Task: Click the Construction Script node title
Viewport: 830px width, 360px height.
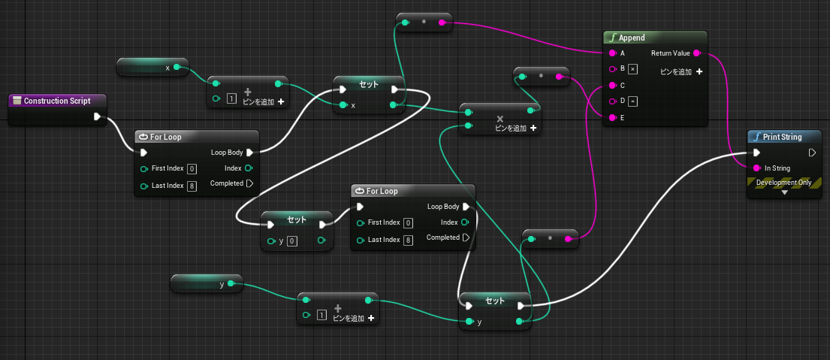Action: [57, 101]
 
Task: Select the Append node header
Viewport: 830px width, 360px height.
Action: [655, 38]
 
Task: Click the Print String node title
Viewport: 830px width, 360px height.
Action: [783, 137]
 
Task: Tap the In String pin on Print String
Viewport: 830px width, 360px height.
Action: [756, 168]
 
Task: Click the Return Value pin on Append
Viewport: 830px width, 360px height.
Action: [696, 53]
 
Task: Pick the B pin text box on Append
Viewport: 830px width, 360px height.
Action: [632, 69]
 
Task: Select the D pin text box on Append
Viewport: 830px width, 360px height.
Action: [632, 101]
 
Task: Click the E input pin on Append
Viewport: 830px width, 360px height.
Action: [612, 117]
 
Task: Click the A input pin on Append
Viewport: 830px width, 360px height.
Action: [612, 53]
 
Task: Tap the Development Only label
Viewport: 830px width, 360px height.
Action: [784, 183]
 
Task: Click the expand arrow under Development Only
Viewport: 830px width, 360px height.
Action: [784, 193]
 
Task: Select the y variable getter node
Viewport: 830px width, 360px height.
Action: [207, 284]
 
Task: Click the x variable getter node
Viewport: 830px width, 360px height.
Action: [152, 67]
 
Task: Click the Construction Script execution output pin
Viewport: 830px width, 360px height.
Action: [98, 116]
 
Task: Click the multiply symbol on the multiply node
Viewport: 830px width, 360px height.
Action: [500, 119]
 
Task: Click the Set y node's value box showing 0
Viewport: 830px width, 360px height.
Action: [291, 241]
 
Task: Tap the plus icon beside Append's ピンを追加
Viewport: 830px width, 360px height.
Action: [699, 71]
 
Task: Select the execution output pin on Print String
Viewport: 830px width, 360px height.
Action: [813, 153]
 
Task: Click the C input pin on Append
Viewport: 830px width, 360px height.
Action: [612, 85]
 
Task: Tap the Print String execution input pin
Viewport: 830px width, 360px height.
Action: [757, 153]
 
